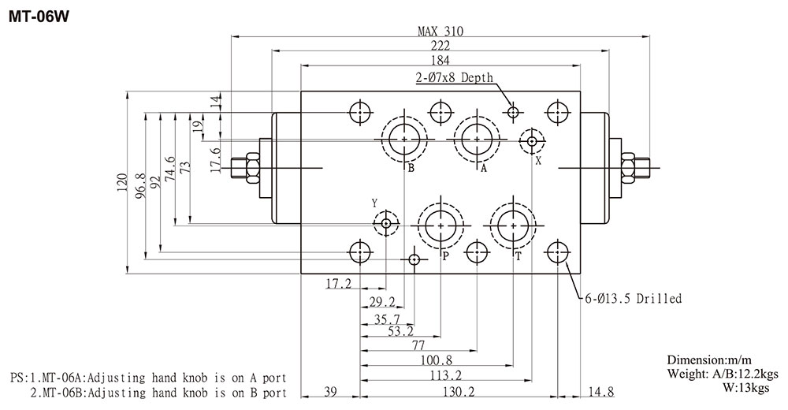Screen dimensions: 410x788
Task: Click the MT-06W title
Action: [39, 17]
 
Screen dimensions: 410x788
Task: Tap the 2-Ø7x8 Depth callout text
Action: [454, 78]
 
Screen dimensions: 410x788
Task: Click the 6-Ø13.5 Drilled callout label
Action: [632, 299]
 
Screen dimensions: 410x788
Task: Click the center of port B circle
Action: [404, 140]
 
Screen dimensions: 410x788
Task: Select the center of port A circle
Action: [478, 140]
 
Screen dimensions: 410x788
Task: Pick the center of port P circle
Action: [440, 226]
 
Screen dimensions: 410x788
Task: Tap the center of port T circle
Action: [513, 226]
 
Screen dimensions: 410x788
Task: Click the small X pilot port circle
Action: [532, 142]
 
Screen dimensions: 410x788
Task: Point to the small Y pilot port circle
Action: [385, 224]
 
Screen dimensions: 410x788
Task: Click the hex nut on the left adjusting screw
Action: [252, 166]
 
